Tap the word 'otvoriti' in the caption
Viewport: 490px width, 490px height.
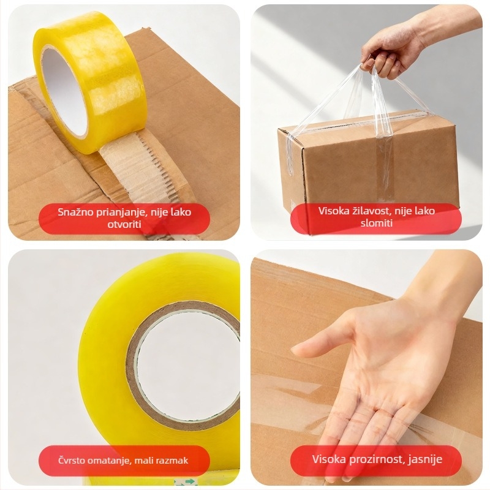pyautogui.click(x=124, y=224)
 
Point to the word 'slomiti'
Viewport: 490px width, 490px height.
pyautogui.click(x=377, y=223)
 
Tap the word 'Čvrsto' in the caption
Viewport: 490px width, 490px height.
pyautogui.click(x=71, y=460)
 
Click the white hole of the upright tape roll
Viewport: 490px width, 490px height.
pyautogui.click(x=64, y=93)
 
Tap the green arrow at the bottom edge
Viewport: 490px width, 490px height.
pyautogui.click(x=189, y=481)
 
